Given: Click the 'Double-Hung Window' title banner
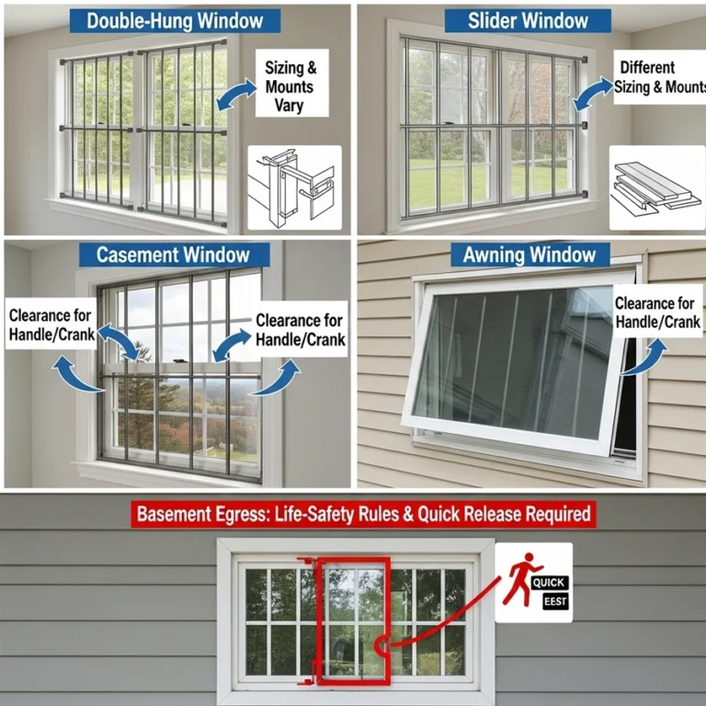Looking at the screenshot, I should (175, 20).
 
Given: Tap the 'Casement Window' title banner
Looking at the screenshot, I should (174, 255).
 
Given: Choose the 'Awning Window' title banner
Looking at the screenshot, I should (529, 255).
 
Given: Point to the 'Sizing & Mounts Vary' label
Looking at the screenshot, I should (290, 86).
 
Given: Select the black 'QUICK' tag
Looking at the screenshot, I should (550, 582).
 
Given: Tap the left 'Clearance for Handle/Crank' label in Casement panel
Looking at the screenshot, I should (51, 325).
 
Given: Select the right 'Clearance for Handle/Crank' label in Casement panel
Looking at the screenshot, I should (301, 329).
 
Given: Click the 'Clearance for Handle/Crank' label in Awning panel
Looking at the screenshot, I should (657, 313).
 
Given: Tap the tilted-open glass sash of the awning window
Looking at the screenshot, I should (510, 363).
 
